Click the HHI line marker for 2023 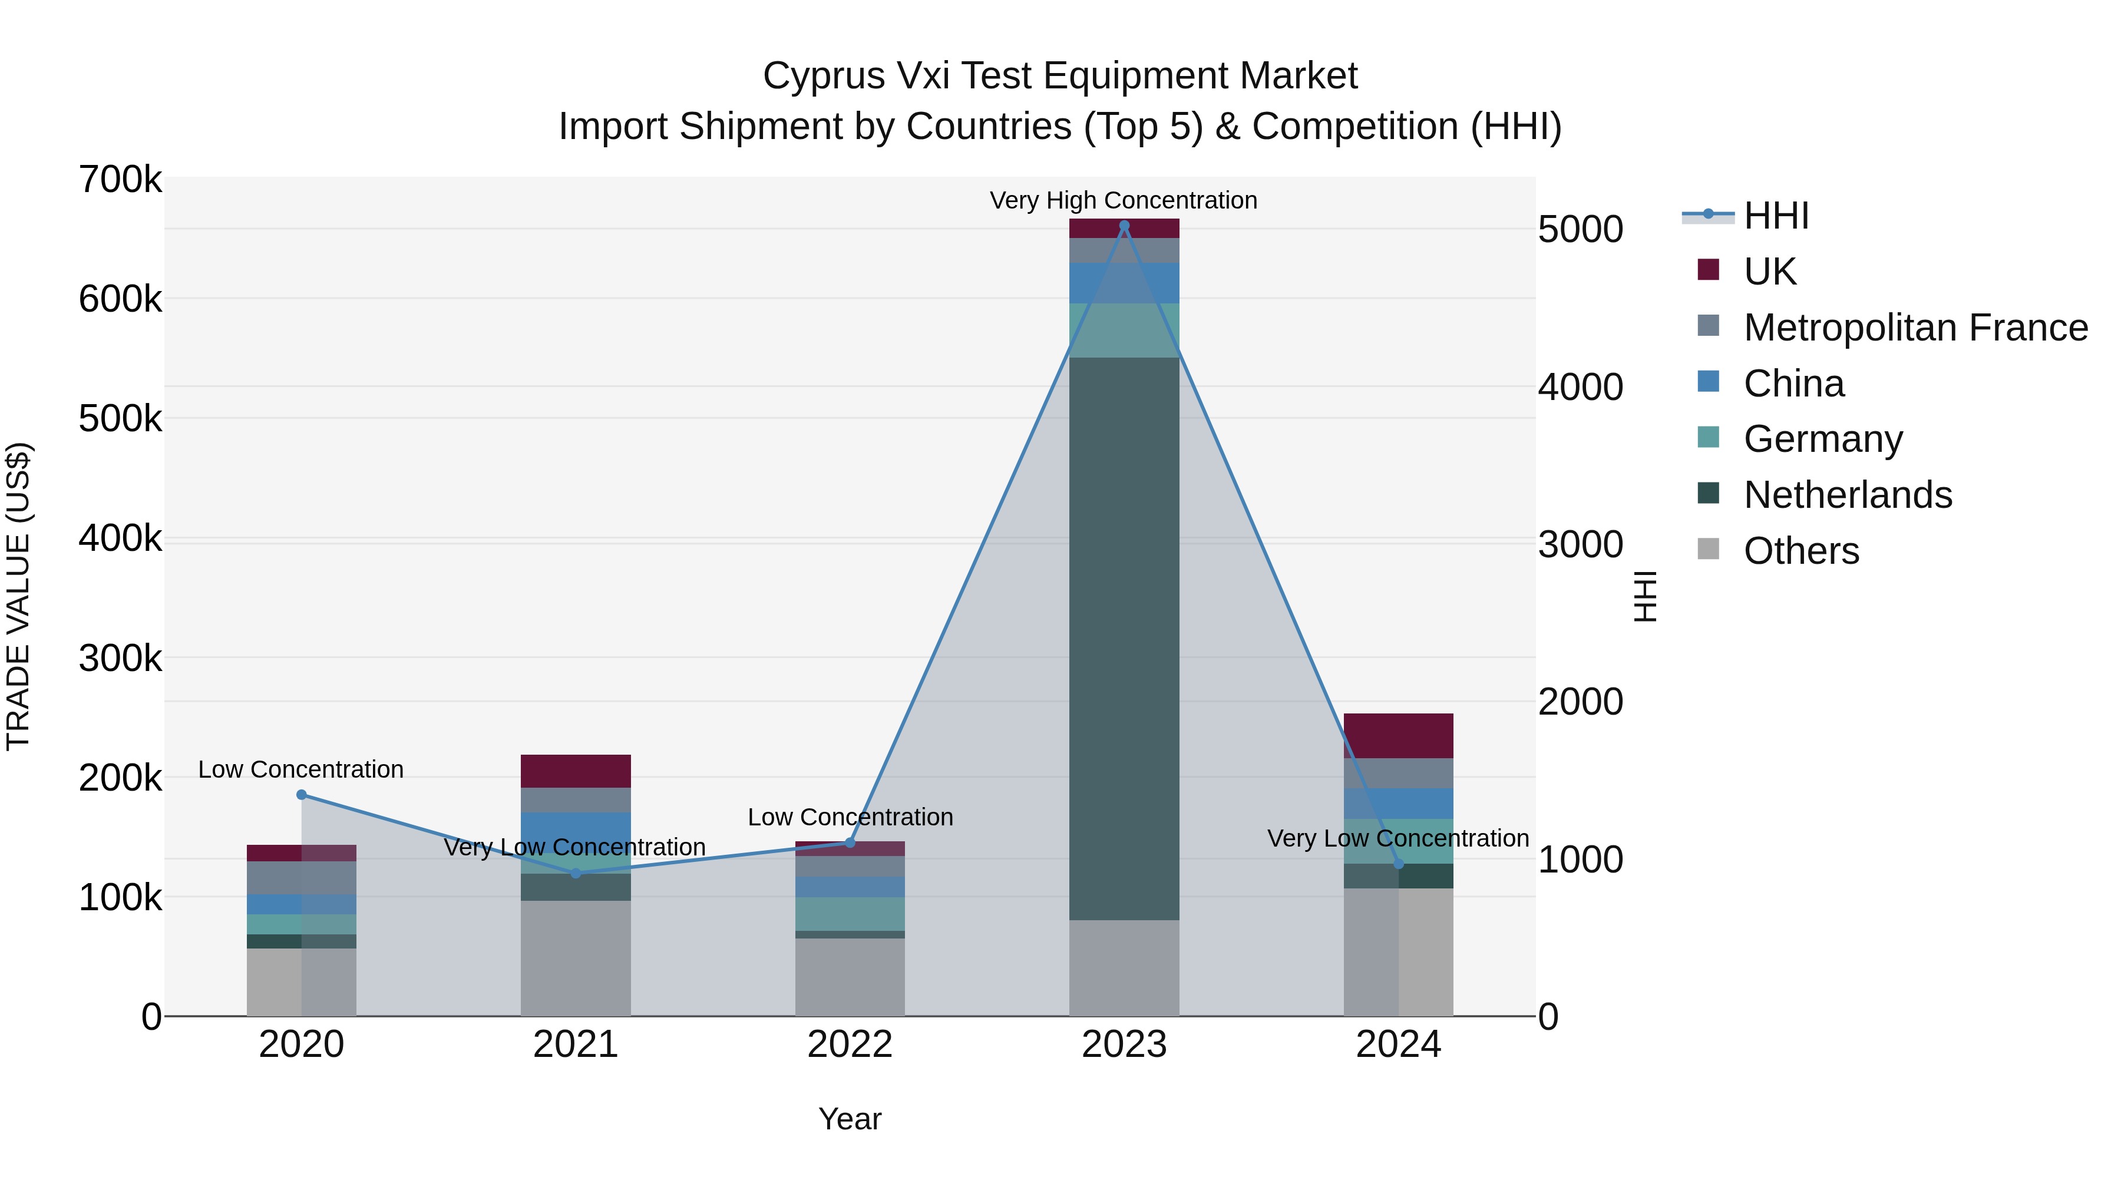[x=1124, y=226]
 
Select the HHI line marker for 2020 [x=301, y=795]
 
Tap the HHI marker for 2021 [x=576, y=873]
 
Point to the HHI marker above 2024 [x=1398, y=864]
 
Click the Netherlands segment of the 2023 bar [x=1124, y=638]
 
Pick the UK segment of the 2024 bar [x=1398, y=735]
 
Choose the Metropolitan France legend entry [x=1915, y=328]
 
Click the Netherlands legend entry [x=1848, y=495]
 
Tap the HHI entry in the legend [x=1776, y=216]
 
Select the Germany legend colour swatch [x=1709, y=437]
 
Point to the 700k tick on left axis [x=120, y=180]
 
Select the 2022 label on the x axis [x=850, y=1045]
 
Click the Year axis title [x=850, y=1119]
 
